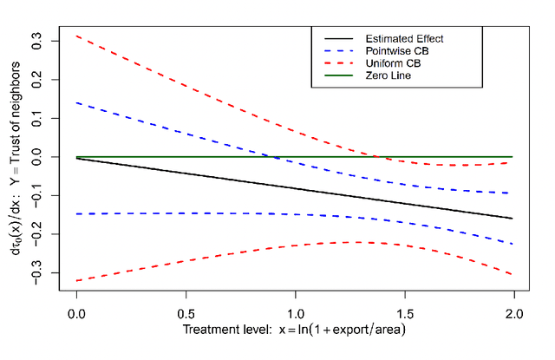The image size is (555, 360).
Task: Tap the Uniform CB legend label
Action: (391, 63)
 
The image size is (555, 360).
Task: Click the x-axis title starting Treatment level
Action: (295, 330)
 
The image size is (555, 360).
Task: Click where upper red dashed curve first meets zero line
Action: (378, 157)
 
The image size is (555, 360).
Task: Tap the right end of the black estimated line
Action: (513, 219)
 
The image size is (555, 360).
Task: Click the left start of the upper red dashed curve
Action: (76, 36)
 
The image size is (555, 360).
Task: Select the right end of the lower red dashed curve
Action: (513, 275)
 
